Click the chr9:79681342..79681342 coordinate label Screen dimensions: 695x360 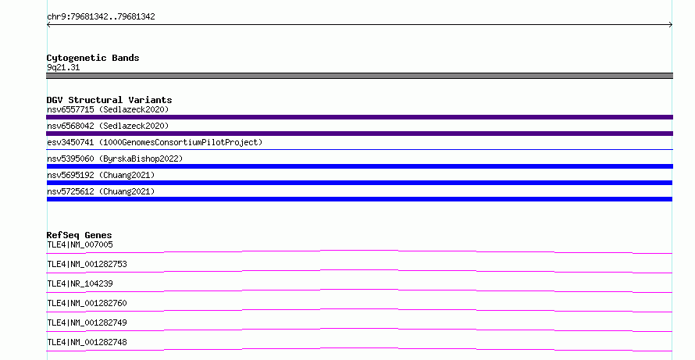coord(101,16)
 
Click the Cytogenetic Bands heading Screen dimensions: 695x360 coord(93,58)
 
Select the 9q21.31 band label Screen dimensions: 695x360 coord(63,67)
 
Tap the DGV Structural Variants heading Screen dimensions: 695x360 coord(109,100)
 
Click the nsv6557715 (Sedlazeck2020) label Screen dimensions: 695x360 coord(108,109)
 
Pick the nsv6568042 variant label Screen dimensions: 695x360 coord(108,126)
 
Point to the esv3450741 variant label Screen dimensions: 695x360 coord(155,142)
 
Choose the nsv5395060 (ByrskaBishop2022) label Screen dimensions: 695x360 coord(115,159)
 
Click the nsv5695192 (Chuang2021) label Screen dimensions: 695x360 coord(101,175)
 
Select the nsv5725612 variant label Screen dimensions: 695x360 coord(101,191)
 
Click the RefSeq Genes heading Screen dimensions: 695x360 coord(79,235)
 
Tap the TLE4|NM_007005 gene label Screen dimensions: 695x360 coord(80,244)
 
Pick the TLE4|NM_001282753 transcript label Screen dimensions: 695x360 coord(87,264)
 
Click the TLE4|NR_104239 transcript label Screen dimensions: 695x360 coord(80,283)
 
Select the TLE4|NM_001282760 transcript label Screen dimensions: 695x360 coord(87,303)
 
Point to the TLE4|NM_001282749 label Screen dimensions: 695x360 coord(87,323)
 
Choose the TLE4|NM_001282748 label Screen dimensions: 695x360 coord(87,342)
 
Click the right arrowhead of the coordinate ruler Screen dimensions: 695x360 coord(671,25)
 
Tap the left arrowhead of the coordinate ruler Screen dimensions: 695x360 coord(48,25)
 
